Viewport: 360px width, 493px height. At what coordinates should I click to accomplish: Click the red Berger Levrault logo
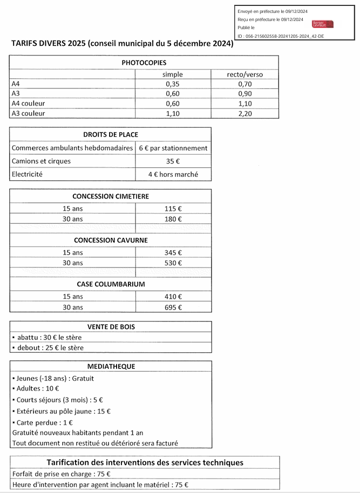click(x=323, y=24)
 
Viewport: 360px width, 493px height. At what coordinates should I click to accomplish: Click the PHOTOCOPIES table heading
click(x=144, y=63)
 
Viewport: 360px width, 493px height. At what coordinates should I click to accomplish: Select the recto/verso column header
click(x=244, y=74)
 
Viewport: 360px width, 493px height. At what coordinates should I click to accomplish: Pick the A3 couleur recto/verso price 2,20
click(x=244, y=113)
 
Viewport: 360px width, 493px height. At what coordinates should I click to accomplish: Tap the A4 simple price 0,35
click(x=173, y=84)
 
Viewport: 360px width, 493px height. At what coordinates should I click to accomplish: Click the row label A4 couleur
click(x=28, y=104)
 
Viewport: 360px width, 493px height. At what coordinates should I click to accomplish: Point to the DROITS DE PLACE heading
click(x=111, y=134)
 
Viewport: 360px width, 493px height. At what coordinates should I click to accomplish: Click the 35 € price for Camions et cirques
click(x=173, y=161)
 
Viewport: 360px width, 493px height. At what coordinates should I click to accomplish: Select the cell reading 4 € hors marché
click(x=173, y=174)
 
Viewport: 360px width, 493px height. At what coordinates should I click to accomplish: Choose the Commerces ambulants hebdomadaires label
click(x=72, y=148)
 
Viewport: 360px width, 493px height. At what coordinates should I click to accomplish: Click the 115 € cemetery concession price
click(x=173, y=209)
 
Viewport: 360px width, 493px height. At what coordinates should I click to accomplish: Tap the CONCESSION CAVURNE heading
click(x=111, y=240)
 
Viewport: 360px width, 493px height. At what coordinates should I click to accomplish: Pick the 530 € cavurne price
click(x=173, y=263)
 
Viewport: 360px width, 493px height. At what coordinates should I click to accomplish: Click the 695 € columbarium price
click(x=173, y=307)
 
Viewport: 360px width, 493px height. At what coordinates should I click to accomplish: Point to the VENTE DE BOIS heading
click(x=111, y=326)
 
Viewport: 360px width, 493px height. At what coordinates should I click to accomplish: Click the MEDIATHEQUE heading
click(x=111, y=366)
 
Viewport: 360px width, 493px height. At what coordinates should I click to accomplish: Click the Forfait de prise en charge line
click(x=62, y=474)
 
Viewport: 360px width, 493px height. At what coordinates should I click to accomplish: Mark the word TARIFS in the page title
click(x=25, y=44)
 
